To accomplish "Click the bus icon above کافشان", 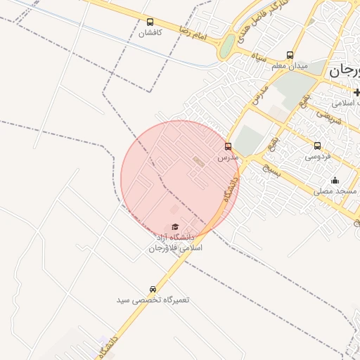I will (150, 22).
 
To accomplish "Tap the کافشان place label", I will (150, 33).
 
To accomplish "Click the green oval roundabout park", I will (226, 47).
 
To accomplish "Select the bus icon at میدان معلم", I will (290, 56).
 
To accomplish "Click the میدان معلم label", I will (290, 66).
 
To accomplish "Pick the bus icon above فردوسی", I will (318, 146).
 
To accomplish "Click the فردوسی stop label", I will (318, 157).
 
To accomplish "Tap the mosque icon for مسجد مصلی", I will (335, 181).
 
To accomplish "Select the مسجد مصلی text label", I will (335, 191).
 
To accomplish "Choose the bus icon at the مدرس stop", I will (228, 147).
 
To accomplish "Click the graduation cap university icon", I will (174, 226).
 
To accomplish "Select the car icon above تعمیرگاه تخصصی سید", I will (153, 290).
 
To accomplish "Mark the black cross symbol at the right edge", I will (356, 92).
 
